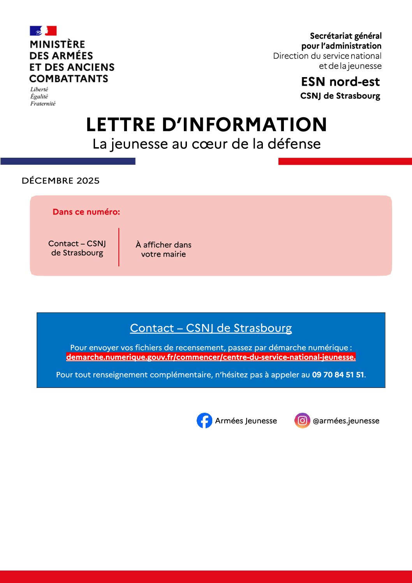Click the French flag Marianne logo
tap(43, 31)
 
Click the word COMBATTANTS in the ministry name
tap(69, 79)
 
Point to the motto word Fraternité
tap(43, 104)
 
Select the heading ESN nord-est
tap(340, 82)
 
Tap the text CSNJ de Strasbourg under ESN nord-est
tap(340, 96)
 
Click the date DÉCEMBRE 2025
tap(61, 181)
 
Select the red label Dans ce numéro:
tap(86, 212)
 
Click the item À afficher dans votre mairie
tap(164, 249)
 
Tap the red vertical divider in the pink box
tap(119, 247)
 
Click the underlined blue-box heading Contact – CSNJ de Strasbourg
tap(211, 328)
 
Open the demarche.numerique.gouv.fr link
tap(211, 357)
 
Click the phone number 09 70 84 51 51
tap(338, 375)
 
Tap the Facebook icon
tap(204, 421)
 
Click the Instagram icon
tap(302, 421)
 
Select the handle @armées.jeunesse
tap(346, 421)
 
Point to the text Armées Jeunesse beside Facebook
tap(246, 421)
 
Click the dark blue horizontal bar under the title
tap(68, 161)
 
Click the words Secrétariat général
tap(345, 36)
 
